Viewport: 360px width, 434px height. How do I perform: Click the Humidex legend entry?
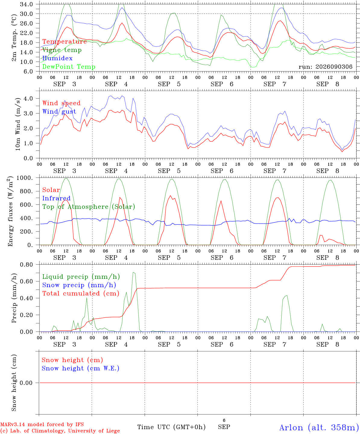(x=57, y=58)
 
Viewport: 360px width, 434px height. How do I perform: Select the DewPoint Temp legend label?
(x=69, y=67)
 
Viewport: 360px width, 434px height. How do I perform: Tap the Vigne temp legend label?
(x=62, y=50)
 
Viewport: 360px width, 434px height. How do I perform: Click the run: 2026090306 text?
(x=326, y=67)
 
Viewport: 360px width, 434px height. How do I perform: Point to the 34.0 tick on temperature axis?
(x=27, y=4)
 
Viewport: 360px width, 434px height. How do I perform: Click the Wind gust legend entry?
(x=59, y=112)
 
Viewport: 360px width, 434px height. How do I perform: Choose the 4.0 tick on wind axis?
(x=28, y=98)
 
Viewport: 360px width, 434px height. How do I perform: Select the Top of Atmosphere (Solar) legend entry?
(x=89, y=207)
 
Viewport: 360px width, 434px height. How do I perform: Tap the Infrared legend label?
(x=56, y=198)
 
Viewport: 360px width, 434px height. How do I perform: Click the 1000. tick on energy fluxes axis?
(x=25, y=178)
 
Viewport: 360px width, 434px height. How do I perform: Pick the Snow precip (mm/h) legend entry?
(x=79, y=285)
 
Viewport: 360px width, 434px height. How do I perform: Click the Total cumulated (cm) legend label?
(x=81, y=293)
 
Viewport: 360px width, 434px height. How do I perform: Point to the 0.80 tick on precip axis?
(x=27, y=265)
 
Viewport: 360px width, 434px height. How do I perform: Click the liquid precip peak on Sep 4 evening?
(x=133, y=272)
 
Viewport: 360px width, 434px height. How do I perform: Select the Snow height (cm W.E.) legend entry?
(x=81, y=368)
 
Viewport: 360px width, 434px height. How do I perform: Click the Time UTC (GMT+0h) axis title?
(x=171, y=427)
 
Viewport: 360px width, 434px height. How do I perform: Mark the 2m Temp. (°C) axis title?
(x=14, y=38)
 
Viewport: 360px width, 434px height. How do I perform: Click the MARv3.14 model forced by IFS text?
(x=42, y=424)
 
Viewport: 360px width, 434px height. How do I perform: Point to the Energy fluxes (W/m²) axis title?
(x=10, y=211)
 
